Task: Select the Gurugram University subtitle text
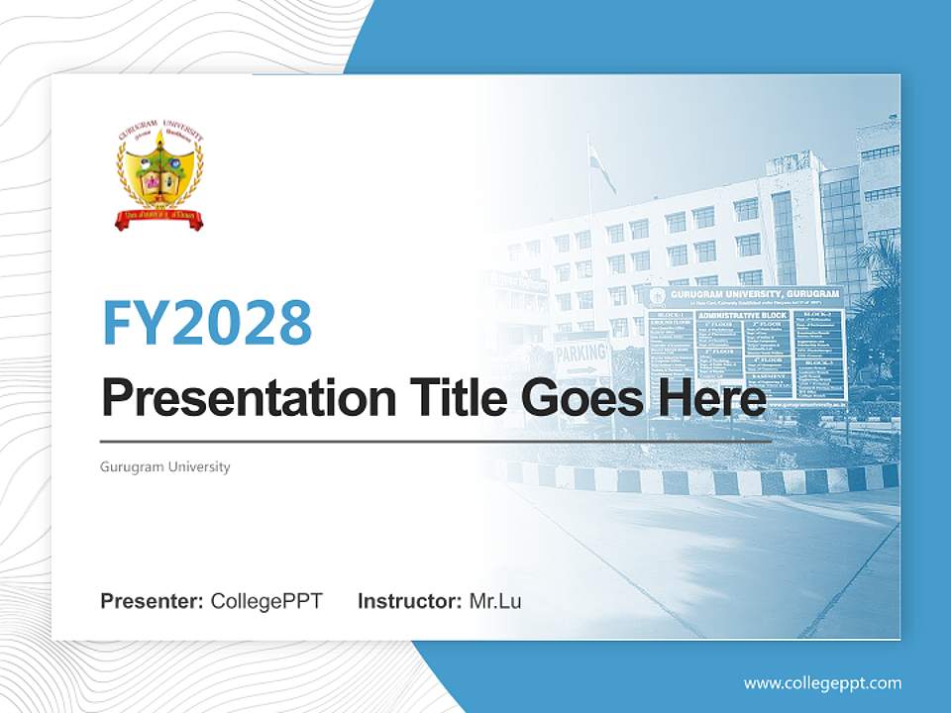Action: tap(165, 466)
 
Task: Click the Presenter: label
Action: tap(153, 601)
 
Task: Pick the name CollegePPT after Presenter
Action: tap(266, 601)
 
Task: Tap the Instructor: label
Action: tap(409, 601)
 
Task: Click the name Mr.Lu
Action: tap(495, 601)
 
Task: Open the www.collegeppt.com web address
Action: tap(822, 682)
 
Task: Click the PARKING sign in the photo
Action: tap(581, 354)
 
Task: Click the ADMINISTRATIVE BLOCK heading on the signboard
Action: tap(742, 315)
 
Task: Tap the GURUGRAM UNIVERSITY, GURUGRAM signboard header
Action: tap(743, 295)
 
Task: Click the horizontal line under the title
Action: tap(436, 442)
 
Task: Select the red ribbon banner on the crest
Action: tap(159, 217)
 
